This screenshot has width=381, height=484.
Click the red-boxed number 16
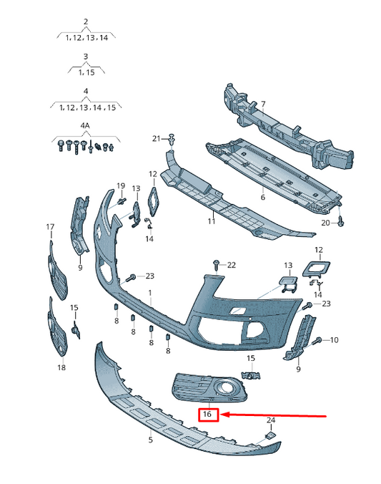tap(207, 413)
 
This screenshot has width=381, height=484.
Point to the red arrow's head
tap(225, 415)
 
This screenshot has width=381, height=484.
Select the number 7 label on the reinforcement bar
tap(262, 105)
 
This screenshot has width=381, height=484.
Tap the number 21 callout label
tap(157, 139)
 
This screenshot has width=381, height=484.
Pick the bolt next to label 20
tap(341, 221)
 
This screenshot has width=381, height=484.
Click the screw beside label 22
tap(217, 265)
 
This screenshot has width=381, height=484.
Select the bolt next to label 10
tap(317, 341)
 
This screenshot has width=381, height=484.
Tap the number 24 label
tap(271, 420)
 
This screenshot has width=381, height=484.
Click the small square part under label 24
tap(270, 435)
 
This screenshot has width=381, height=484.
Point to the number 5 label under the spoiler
tap(150, 440)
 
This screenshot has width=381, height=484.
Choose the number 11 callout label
tap(211, 221)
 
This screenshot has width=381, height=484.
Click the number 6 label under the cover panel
tap(262, 197)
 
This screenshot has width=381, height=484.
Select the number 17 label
tap(50, 227)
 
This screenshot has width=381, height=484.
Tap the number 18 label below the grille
tap(61, 367)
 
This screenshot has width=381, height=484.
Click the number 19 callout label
tap(121, 186)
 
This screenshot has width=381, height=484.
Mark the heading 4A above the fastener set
tap(85, 126)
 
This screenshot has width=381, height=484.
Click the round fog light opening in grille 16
tap(224, 387)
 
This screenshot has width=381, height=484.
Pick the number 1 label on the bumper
tap(150, 292)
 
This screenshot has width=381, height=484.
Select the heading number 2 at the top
tap(86, 21)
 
